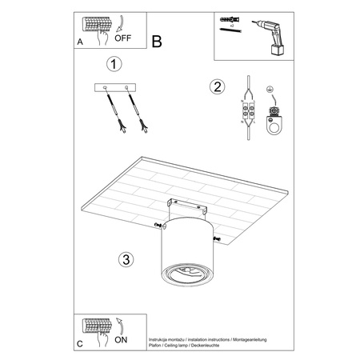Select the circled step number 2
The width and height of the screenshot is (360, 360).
click(215, 86)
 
